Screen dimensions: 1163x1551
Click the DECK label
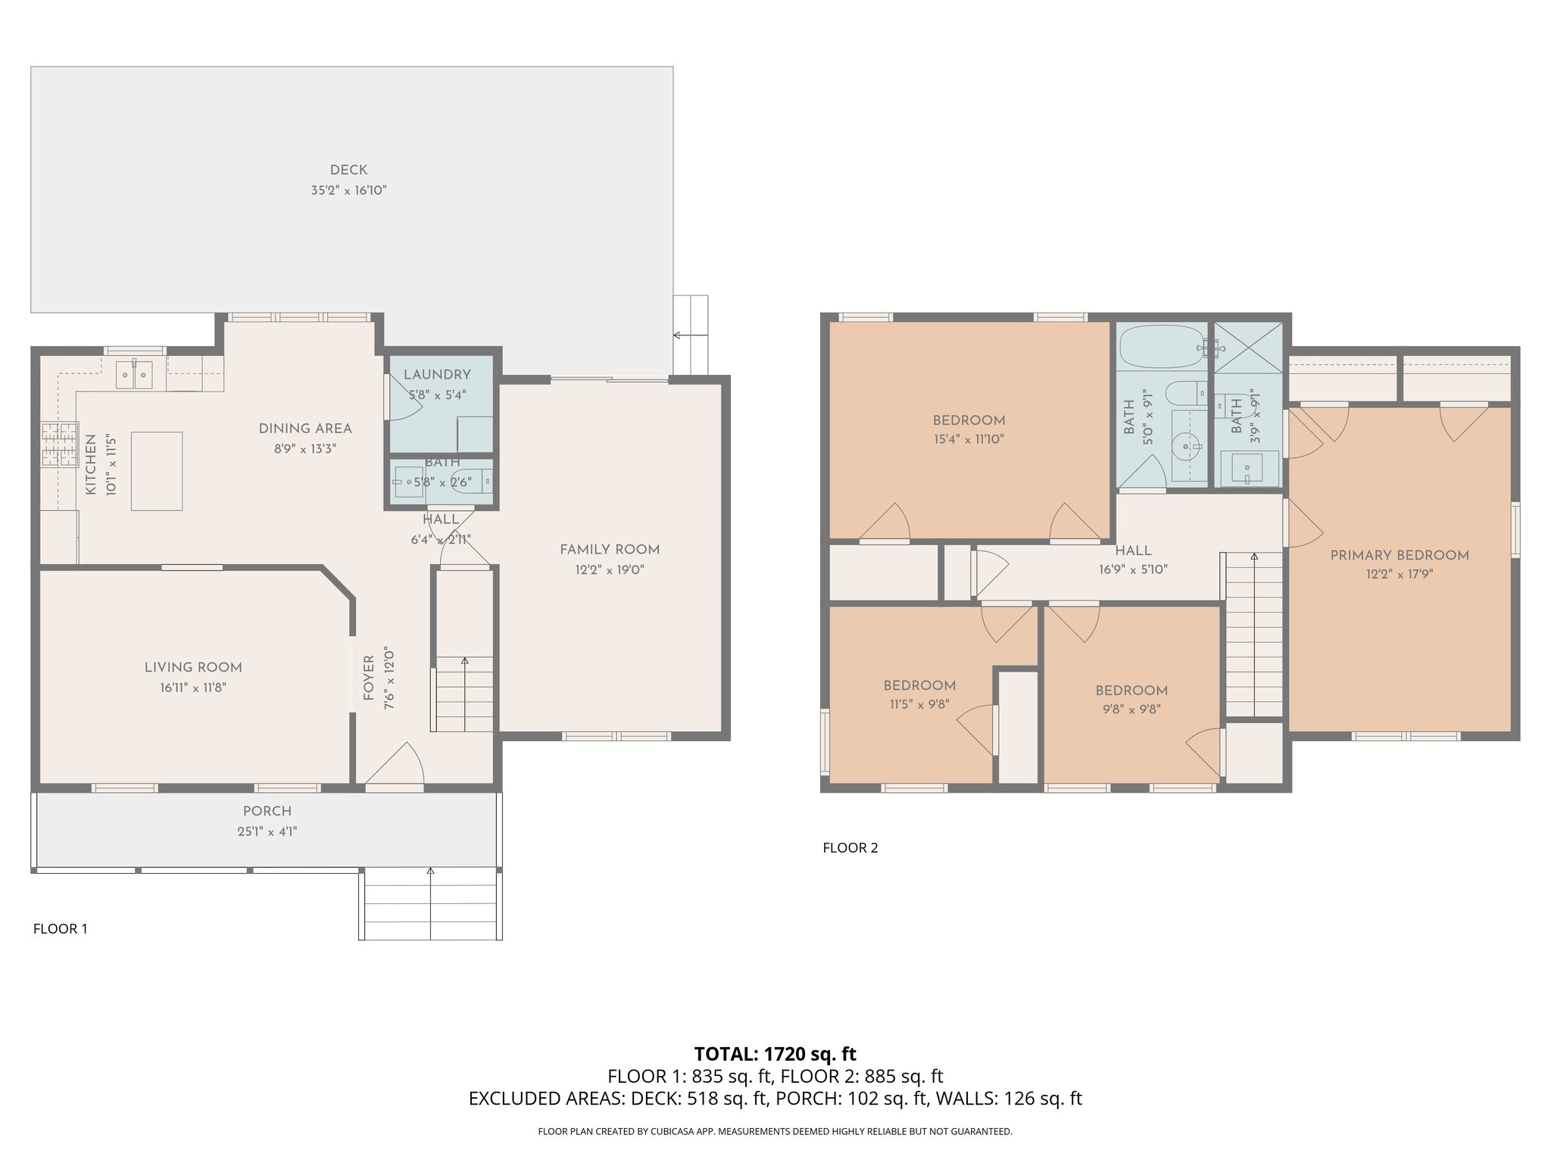348,170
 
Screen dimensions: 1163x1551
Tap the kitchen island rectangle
157,471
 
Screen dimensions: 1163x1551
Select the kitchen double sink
134,375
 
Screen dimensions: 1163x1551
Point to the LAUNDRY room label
437,375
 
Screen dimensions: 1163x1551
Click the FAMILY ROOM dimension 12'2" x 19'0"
610,570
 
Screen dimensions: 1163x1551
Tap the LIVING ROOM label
193,667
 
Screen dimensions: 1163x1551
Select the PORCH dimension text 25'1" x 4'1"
267,831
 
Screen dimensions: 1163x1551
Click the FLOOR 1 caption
61,929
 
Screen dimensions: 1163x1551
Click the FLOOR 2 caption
850,848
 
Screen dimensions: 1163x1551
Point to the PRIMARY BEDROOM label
1400,555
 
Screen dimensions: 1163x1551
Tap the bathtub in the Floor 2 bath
1162,348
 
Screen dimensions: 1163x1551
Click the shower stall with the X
1249,348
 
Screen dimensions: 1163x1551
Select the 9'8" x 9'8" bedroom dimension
1131,709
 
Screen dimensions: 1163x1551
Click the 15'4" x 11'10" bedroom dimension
969,439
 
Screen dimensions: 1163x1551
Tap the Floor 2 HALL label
1133,550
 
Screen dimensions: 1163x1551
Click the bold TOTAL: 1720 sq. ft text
775,1054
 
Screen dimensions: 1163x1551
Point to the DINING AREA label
305,429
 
